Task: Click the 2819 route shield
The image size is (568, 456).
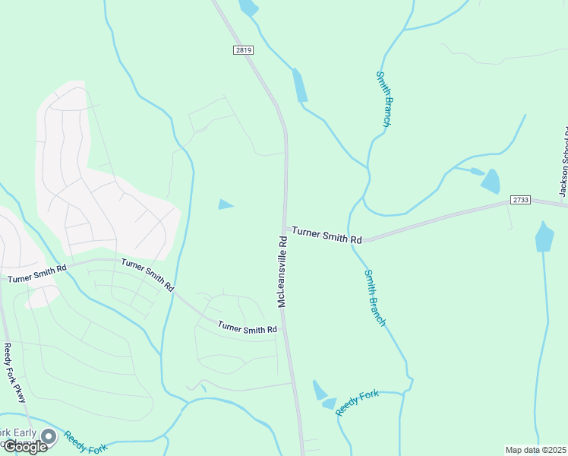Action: click(x=243, y=49)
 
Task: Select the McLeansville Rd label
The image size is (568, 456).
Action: click(x=282, y=271)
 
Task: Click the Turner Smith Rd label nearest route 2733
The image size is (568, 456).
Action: click(x=327, y=234)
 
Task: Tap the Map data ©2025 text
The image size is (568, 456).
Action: click(x=535, y=450)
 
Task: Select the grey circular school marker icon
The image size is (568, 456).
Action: click(x=49, y=435)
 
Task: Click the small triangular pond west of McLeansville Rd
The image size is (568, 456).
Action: click(x=226, y=204)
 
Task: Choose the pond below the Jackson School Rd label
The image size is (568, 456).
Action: click(x=544, y=237)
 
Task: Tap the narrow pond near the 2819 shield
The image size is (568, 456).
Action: click(x=300, y=85)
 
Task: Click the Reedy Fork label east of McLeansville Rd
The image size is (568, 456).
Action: click(x=357, y=403)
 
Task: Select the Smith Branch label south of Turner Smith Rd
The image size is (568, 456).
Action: click(x=375, y=298)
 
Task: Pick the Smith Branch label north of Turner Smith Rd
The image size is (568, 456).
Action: click(x=383, y=99)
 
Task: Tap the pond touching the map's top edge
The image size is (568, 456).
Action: click(x=248, y=8)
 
